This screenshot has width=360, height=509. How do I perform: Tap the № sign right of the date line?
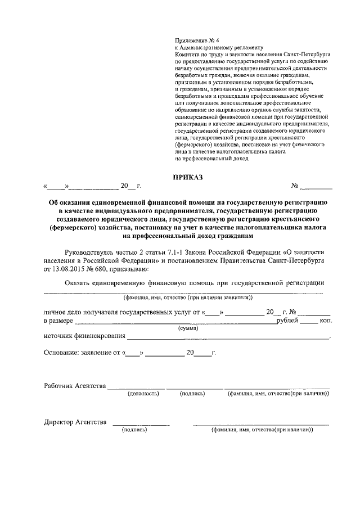coord(294,186)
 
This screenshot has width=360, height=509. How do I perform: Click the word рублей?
coord(286,320)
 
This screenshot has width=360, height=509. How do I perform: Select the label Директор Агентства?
coord(75,422)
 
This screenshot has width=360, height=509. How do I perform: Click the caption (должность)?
coord(143,394)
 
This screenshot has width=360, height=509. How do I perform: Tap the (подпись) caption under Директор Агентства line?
coord(134,430)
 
